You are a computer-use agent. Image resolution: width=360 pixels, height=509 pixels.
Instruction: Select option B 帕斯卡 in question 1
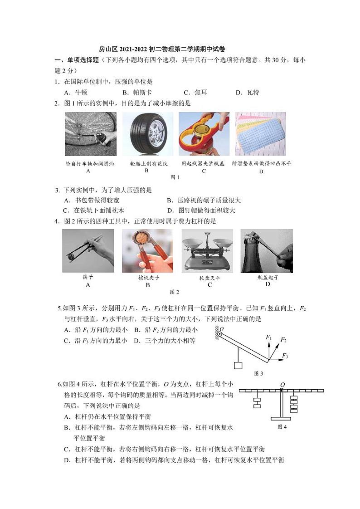click(x=136, y=93)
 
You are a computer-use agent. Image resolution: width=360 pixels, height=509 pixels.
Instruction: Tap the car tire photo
click(x=147, y=134)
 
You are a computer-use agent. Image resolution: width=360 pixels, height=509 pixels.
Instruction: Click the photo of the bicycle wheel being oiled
click(x=91, y=134)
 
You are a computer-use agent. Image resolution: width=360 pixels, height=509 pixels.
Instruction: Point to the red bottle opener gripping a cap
click(x=204, y=134)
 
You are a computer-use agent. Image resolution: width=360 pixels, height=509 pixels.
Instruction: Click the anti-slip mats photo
click(x=260, y=134)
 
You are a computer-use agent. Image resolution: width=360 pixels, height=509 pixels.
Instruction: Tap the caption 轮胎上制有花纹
click(x=147, y=163)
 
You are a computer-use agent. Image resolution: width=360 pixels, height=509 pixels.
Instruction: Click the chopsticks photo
click(x=88, y=250)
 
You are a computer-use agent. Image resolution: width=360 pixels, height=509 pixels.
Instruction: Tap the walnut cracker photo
click(x=147, y=250)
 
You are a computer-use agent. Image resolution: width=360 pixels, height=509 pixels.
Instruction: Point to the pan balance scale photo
click(x=207, y=250)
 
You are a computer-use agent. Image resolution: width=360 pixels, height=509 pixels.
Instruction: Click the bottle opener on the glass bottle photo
click(x=267, y=250)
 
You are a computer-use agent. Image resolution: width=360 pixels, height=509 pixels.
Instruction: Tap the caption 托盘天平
click(x=209, y=278)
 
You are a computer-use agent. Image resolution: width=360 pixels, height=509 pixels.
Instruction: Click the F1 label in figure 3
click(x=268, y=338)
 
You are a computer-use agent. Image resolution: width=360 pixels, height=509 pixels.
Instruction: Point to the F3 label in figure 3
click(x=285, y=356)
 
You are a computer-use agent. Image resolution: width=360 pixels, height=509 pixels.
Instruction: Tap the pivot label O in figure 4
click(x=282, y=385)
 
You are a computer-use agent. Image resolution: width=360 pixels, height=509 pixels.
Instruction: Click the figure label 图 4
click(x=282, y=427)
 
